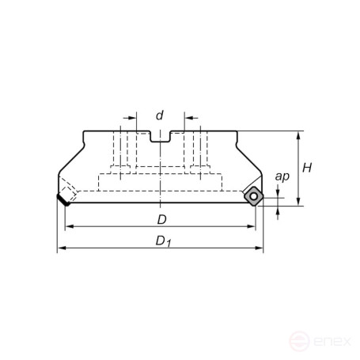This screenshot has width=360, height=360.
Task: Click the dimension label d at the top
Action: point(159,116)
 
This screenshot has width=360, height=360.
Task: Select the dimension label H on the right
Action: point(309,168)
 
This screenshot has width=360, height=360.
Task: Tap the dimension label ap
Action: point(281,176)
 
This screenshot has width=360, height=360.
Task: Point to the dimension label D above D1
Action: point(161,218)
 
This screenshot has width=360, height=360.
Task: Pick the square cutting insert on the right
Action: point(253,195)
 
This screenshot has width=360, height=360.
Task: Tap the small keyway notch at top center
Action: point(160,138)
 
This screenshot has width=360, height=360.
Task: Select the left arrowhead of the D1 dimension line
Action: point(61,249)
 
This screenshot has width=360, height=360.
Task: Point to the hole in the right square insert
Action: point(253,195)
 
